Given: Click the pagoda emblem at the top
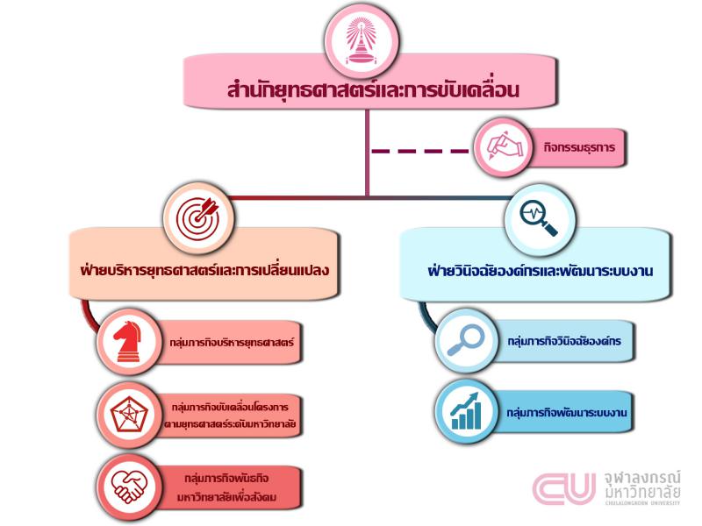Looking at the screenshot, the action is pyautogui.click(x=362, y=41).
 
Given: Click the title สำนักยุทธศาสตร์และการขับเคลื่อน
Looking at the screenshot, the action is pyautogui.click(x=373, y=89).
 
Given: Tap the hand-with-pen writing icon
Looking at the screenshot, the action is pyautogui.click(x=504, y=146).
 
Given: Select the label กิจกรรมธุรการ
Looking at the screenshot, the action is pyautogui.click(x=579, y=147).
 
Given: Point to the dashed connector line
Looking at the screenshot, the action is pyautogui.click(x=420, y=151).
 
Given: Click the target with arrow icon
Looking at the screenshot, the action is pyautogui.click(x=199, y=217).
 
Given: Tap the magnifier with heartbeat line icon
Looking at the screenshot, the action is pyautogui.click(x=539, y=217).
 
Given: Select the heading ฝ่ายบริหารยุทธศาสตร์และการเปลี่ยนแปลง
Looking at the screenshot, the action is pyautogui.click(x=204, y=270).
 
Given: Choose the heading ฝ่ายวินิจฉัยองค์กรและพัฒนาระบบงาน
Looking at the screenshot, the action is pyautogui.click(x=540, y=271).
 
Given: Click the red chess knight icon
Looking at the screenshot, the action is pyautogui.click(x=128, y=341).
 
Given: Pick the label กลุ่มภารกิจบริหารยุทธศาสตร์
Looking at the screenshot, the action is pyautogui.click(x=232, y=343).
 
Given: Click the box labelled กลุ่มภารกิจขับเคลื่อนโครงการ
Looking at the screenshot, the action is pyautogui.click(x=230, y=416).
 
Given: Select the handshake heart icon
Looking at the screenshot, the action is pyautogui.click(x=129, y=487).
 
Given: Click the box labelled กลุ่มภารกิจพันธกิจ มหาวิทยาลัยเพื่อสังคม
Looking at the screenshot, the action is pyautogui.click(x=226, y=488).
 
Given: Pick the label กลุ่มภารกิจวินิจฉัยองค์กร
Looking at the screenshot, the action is pyautogui.click(x=564, y=341).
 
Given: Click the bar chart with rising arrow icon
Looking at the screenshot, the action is pyautogui.click(x=466, y=411).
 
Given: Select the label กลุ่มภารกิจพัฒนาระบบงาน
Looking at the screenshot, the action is pyautogui.click(x=566, y=412).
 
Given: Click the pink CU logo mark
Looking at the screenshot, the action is pyautogui.click(x=564, y=488).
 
